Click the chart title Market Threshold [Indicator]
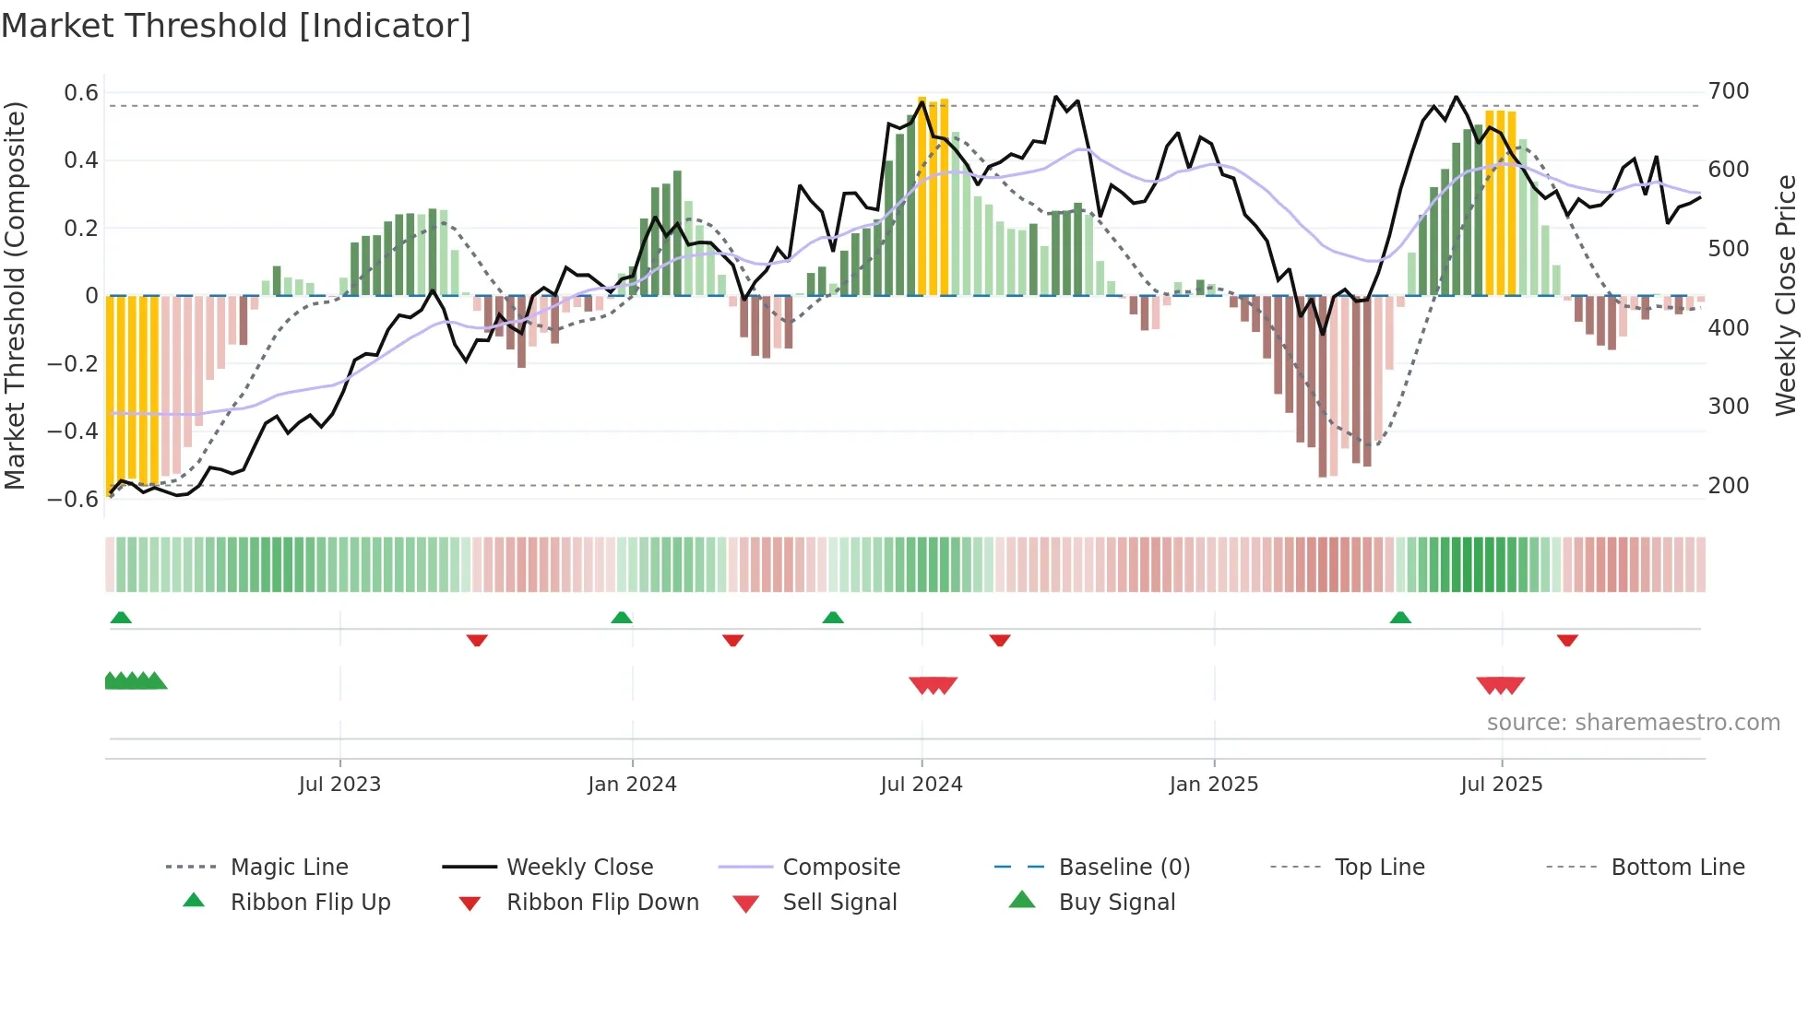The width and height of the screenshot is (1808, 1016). click(236, 26)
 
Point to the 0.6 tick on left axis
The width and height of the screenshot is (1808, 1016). click(81, 92)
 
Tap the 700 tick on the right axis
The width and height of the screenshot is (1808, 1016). click(1728, 91)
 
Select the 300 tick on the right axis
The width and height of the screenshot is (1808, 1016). click(1728, 407)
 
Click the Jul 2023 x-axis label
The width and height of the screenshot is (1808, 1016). click(339, 784)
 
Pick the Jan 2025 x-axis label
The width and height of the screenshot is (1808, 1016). click(1213, 784)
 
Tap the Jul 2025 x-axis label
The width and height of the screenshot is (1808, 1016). click(1501, 784)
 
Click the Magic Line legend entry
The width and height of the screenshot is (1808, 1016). click(289, 867)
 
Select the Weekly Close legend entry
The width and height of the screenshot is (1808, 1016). click(579, 867)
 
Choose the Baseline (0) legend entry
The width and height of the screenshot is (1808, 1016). click(1124, 867)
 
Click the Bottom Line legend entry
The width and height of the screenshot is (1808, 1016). click(1677, 867)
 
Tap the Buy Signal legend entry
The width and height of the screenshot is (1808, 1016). click(1116, 902)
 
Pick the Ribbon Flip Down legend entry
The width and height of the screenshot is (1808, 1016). click(601, 902)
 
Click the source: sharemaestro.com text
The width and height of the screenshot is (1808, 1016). click(1633, 722)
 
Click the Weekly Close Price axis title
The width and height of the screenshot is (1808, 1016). click(1786, 295)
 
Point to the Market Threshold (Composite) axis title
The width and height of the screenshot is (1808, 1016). click(15, 295)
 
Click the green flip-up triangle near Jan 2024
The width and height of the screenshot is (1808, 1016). click(622, 618)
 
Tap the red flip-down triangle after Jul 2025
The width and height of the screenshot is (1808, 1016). click(1567, 640)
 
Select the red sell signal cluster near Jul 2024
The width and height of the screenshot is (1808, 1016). click(934, 685)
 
